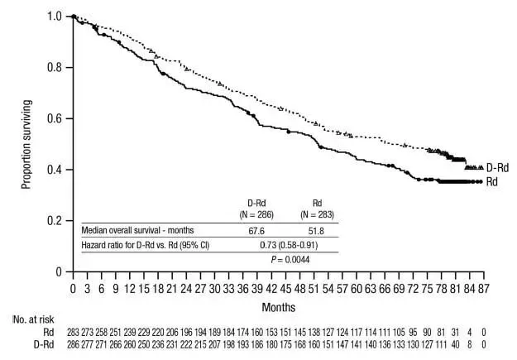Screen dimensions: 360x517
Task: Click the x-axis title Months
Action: (x=277, y=306)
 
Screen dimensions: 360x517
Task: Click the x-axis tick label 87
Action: (x=484, y=289)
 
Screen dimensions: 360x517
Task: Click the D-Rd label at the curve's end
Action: (x=497, y=166)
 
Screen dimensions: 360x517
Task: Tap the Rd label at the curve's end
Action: (x=492, y=181)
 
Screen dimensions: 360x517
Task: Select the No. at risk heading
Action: (x=31, y=319)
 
